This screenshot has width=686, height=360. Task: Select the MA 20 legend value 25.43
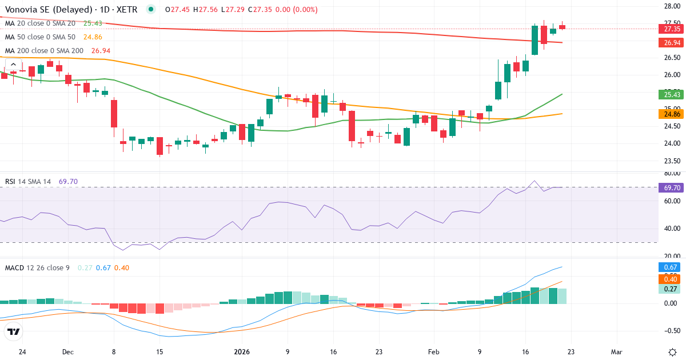click(x=93, y=23)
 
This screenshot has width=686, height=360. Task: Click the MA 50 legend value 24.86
click(x=93, y=37)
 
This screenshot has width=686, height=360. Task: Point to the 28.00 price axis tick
click(x=671, y=6)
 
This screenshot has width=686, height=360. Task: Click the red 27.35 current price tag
click(x=671, y=29)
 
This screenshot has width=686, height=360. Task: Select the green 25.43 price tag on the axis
click(x=671, y=94)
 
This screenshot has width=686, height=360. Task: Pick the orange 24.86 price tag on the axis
click(x=671, y=114)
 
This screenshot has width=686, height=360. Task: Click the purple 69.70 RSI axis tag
click(x=671, y=187)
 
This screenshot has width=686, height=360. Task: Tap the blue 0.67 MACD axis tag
click(x=671, y=267)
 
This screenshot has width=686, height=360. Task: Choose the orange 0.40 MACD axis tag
click(x=671, y=279)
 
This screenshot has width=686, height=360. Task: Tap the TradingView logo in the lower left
click(x=14, y=331)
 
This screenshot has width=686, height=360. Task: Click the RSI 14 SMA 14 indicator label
click(x=28, y=182)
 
